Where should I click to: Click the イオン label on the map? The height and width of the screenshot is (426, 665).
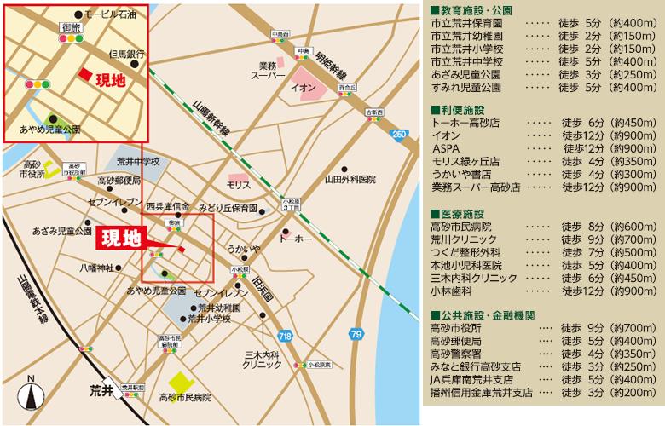click(x=304, y=88)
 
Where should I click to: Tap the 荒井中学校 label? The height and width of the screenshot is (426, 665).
click(x=138, y=162)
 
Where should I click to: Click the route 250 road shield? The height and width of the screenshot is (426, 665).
click(x=399, y=135)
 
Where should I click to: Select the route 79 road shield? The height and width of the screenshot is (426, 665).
click(x=356, y=332)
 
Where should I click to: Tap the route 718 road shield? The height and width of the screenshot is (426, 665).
click(x=285, y=337)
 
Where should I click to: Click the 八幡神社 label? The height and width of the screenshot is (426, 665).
click(x=96, y=268)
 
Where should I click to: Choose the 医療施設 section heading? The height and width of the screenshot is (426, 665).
click(x=461, y=213)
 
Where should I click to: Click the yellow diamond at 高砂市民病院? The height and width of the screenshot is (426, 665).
click(x=180, y=382)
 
